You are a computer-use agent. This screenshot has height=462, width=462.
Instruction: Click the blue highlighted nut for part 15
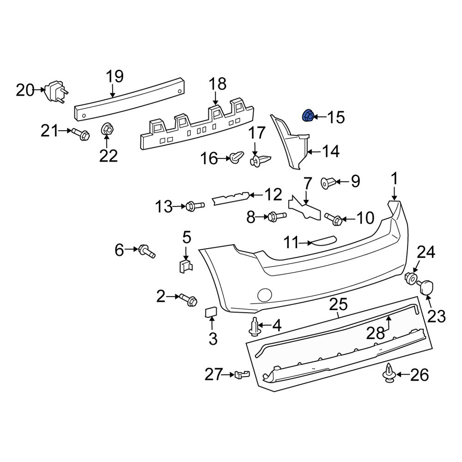tap(308, 116)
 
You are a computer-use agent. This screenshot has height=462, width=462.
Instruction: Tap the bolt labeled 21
tap(81, 134)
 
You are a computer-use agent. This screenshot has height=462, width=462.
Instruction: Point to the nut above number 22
tap(108, 129)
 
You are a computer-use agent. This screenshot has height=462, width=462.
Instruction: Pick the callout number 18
tap(217, 84)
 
